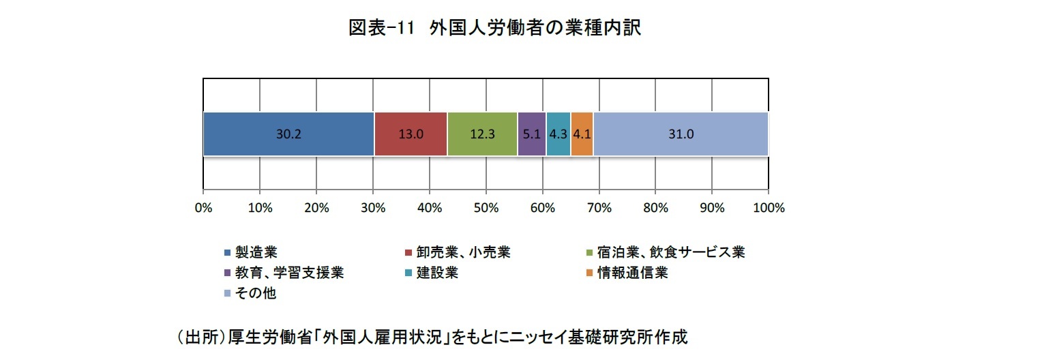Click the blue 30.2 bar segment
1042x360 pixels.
point(288,134)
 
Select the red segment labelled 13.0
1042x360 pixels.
point(411,134)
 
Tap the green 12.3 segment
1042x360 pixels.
point(482,134)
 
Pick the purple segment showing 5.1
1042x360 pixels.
point(532,134)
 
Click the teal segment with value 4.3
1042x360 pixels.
point(559,134)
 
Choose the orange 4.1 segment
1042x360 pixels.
point(582,134)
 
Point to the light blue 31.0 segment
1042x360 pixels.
point(681,134)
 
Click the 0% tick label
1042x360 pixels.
point(203,208)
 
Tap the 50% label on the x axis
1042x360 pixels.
point(486,208)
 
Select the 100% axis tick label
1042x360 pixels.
point(768,208)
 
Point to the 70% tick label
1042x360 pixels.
point(599,208)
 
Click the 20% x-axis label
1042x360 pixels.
point(316,208)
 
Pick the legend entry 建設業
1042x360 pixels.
point(437,273)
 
